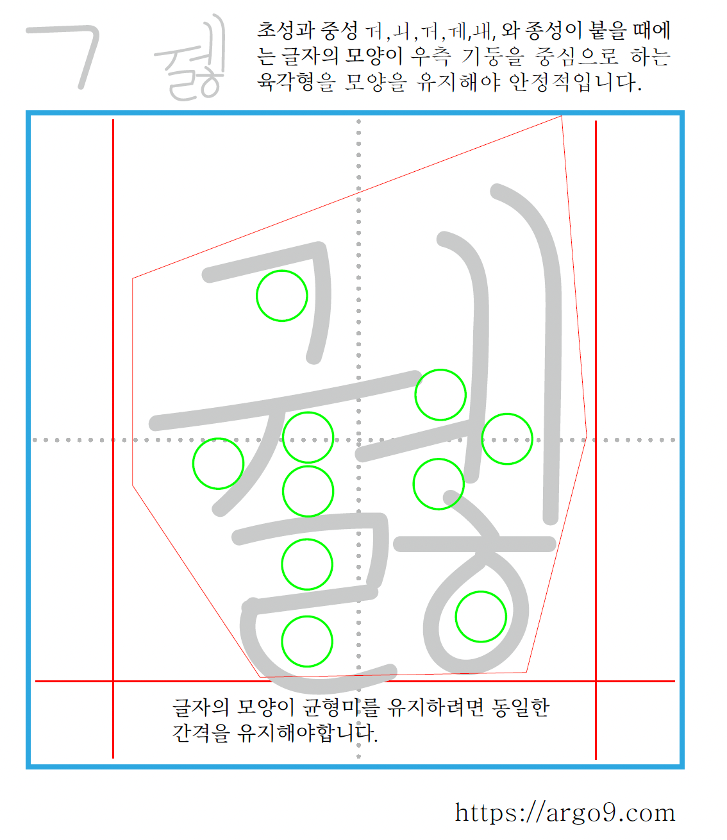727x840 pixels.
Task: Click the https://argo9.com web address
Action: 565,812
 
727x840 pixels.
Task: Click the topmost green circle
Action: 282,296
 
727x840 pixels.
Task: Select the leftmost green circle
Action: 219,464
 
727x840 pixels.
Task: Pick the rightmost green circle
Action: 507,439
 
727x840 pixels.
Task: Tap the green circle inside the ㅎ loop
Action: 481,616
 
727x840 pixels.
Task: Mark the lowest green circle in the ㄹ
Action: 307,641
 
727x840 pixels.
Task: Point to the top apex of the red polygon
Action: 562,116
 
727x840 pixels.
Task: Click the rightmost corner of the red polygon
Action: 587,437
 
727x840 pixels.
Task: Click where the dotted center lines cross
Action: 358,440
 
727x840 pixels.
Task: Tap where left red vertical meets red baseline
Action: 113,681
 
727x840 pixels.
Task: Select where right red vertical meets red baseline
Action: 596,681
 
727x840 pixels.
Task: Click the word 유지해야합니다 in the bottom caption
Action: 308,732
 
